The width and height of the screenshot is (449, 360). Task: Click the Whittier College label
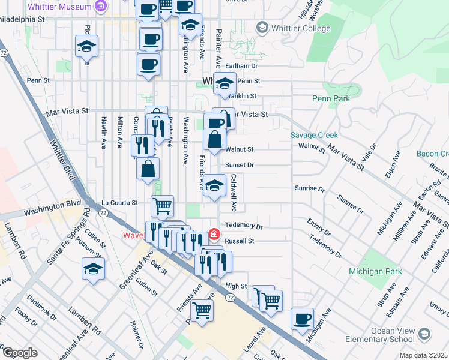300,28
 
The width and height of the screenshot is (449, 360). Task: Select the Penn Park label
330,98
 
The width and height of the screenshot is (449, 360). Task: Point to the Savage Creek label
315,136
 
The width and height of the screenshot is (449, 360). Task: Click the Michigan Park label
376,271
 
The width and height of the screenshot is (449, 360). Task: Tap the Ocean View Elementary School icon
424,334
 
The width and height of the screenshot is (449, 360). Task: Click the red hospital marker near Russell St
212,233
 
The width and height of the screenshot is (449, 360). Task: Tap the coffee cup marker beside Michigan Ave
302,318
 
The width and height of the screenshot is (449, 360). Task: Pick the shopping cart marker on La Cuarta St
162,206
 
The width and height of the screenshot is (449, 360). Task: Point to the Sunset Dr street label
240,164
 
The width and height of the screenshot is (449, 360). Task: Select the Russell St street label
240,241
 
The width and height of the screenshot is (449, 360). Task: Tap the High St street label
236,286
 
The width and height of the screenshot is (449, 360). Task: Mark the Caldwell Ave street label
234,193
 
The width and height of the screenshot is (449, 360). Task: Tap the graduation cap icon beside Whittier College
262,28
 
